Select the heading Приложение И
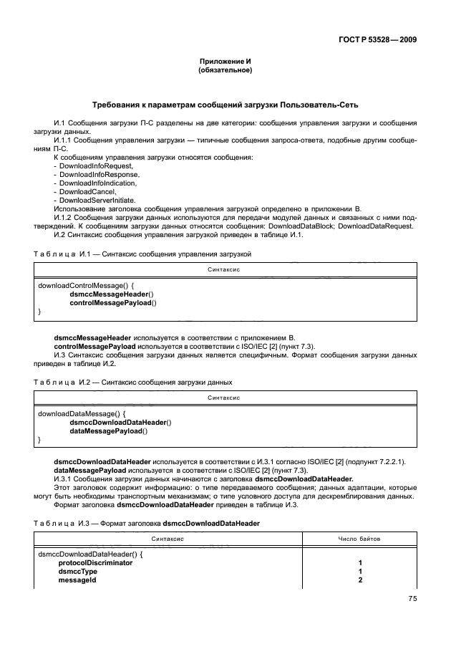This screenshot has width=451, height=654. click(x=225, y=62)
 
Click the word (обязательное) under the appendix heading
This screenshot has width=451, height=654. click(x=225, y=70)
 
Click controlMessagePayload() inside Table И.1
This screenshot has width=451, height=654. click(x=113, y=303)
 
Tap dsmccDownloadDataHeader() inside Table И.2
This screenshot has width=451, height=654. click(x=120, y=423)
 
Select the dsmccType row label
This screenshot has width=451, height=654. click(x=78, y=572)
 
